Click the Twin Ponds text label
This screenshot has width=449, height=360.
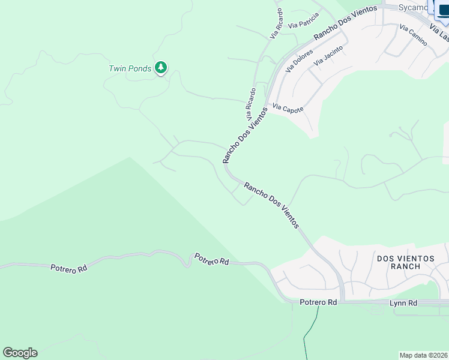point(130,68)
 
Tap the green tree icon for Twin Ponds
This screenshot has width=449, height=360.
point(160,67)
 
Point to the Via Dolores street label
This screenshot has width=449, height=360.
point(299,61)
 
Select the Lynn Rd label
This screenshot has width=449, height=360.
point(403,304)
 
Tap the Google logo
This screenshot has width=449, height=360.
point(20,353)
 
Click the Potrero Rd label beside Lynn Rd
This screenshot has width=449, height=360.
point(319,304)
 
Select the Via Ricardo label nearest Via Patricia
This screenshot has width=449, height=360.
point(277,23)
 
